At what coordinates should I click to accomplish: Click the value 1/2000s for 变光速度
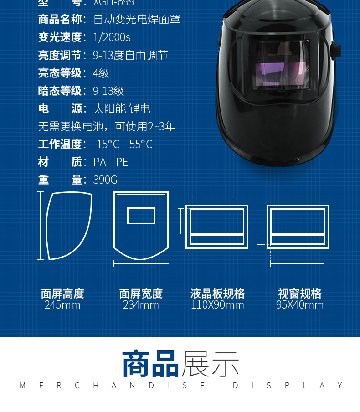pos(112,37)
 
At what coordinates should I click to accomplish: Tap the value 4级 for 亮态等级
pos(101,73)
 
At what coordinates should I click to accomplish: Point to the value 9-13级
pos(108,91)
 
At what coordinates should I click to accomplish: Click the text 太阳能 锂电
pos(121,108)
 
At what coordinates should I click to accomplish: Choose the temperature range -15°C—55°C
pos(123,144)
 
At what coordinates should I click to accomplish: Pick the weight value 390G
pos(105,180)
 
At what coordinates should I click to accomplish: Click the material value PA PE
pos(111,162)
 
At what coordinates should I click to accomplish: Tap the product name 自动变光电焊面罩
pos(137,20)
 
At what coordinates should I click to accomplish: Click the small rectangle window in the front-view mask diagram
pos(141,216)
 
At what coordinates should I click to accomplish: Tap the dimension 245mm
pos(62,305)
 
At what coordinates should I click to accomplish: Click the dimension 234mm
pos(141,305)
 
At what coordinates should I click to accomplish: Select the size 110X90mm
pos(217,305)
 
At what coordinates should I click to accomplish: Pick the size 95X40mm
pos(299,305)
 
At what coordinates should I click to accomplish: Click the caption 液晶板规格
pos(217,294)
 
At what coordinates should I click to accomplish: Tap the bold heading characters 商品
pos(151,363)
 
